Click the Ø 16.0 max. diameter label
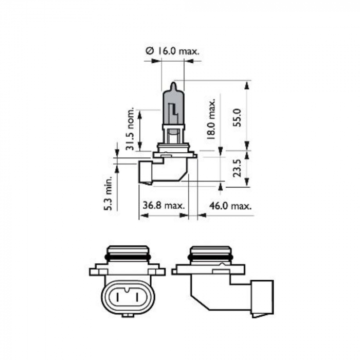172,51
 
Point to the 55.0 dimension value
238,118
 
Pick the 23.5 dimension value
238,167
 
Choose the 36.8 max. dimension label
164,206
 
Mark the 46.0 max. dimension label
230,206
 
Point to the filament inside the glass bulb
173,110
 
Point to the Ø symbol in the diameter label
149,51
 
